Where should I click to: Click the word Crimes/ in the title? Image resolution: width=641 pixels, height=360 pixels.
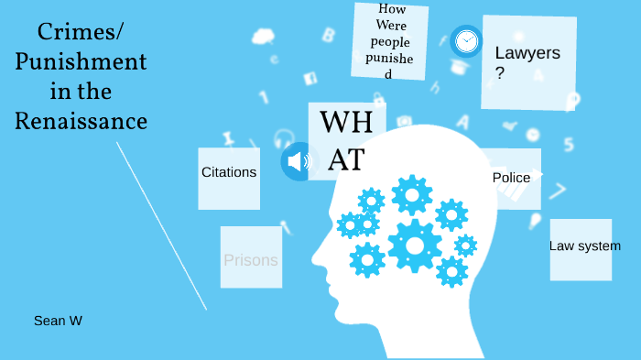pyautogui.click(x=81, y=33)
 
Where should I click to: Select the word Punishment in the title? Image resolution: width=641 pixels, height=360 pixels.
pyautogui.click(x=81, y=62)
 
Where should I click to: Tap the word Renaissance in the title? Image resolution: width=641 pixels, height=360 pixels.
pyautogui.click(x=81, y=121)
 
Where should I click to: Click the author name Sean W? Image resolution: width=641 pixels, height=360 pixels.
pyautogui.click(x=59, y=321)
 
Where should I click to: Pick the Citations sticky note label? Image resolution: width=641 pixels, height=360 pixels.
pyautogui.click(x=229, y=172)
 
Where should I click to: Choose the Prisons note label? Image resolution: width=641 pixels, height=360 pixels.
pyautogui.click(x=250, y=260)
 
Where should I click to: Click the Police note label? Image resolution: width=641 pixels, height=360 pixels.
pyautogui.click(x=511, y=178)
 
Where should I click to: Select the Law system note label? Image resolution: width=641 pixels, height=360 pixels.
pyautogui.click(x=584, y=245)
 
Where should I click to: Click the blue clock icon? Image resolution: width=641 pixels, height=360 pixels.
pyautogui.click(x=466, y=40)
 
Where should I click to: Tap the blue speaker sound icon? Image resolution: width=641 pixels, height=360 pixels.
pyautogui.click(x=297, y=161)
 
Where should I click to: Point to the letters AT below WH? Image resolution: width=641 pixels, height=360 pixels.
pyautogui.click(x=346, y=159)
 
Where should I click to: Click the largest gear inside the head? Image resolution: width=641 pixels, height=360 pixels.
pyautogui.click(x=415, y=245)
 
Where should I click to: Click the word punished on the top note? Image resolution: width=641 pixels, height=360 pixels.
pyautogui.click(x=389, y=57)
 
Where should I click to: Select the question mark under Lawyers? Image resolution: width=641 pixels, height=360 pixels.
pyautogui.click(x=500, y=73)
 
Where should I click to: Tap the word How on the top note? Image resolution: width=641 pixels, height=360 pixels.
pyautogui.click(x=391, y=10)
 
